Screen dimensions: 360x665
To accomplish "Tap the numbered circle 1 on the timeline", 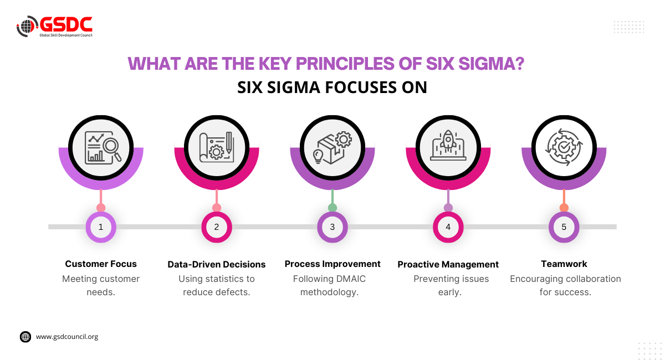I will [101, 227].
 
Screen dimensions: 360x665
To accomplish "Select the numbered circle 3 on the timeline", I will [332, 227].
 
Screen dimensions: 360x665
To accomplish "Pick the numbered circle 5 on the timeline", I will [564, 227].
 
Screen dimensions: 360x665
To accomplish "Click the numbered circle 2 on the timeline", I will [217, 227].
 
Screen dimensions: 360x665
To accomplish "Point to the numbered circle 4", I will [448, 227].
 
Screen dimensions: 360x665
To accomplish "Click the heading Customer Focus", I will [101, 264].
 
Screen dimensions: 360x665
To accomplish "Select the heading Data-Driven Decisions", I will [217, 264].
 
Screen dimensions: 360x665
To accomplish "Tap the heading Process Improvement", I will [332, 264].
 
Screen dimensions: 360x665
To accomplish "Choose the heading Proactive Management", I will [448, 264].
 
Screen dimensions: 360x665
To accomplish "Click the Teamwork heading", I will [564, 264].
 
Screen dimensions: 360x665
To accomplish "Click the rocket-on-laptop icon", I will [448, 147].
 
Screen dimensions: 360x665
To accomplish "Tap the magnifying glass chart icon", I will [101, 147].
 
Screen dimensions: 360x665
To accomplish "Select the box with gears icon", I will [332, 147].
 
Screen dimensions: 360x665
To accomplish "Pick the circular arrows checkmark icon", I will [564, 147].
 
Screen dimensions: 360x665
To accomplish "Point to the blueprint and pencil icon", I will [217, 147].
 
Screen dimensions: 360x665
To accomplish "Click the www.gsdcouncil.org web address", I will [67, 336].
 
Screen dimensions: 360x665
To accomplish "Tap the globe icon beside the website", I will [25, 337].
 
